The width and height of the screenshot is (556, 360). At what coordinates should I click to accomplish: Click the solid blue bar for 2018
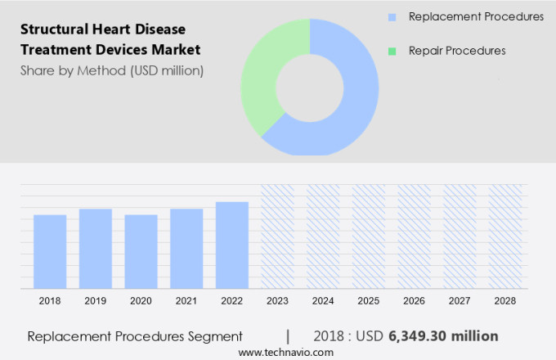(x=50, y=251)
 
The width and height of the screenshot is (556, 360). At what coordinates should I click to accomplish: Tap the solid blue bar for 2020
(x=141, y=251)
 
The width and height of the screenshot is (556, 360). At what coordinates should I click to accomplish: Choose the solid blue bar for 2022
(x=232, y=245)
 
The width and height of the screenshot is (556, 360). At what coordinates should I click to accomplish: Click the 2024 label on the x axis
(x=323, y=301)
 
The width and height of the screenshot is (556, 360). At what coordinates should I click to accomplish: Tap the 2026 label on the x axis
(x=414, y=301)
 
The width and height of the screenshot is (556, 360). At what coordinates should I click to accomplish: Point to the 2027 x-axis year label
(x=460, y=301)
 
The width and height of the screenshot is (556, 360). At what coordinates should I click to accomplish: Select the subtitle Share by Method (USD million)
(x=111, y=70)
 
